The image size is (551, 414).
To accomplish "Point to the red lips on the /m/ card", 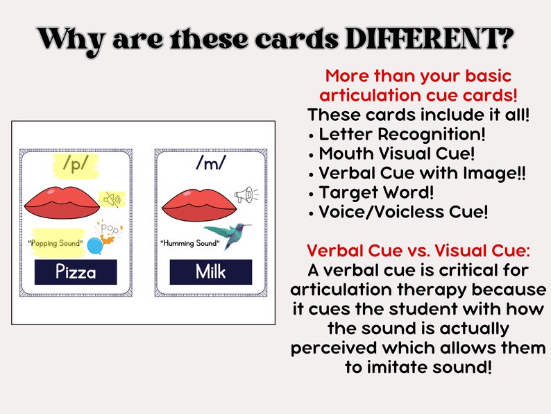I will (196, 200).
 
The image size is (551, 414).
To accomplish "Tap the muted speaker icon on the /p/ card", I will (111, 200).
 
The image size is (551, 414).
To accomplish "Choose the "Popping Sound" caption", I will (55, 244).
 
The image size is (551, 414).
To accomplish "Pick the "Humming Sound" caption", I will (189, 243).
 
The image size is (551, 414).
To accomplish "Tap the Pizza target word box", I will (76, 272).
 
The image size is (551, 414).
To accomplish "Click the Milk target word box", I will (210, 272).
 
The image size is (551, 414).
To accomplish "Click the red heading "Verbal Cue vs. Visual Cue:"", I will (418, 250).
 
